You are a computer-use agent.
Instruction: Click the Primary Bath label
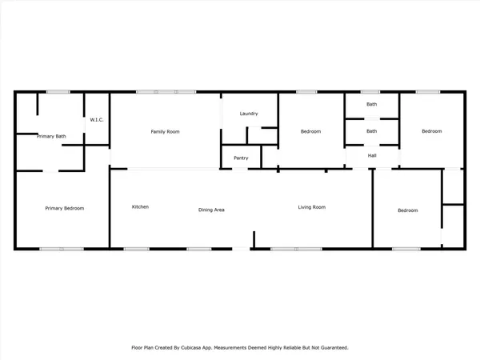coord(51,137)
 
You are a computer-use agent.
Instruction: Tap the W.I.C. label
coord(97,120)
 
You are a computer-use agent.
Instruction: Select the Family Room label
coord(164,130)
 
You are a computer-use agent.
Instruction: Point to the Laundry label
coord(249,114)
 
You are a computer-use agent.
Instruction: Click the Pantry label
coord(241,158)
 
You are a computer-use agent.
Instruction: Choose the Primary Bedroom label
coord(64,208)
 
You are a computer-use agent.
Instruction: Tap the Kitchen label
coord(140,207)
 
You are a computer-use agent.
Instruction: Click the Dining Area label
coord(211,210)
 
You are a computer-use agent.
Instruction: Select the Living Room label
coord(312,207)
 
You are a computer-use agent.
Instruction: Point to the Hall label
coord(372,155)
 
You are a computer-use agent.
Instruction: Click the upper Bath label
coord(371,104)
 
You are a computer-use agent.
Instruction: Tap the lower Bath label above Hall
coord(371,131)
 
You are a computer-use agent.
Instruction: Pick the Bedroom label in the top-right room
coord(431,130)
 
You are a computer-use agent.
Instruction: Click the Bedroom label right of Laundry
coord(310,130)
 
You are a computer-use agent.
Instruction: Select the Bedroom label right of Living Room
coord(408,210)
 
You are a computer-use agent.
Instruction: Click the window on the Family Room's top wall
coord(166,92)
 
